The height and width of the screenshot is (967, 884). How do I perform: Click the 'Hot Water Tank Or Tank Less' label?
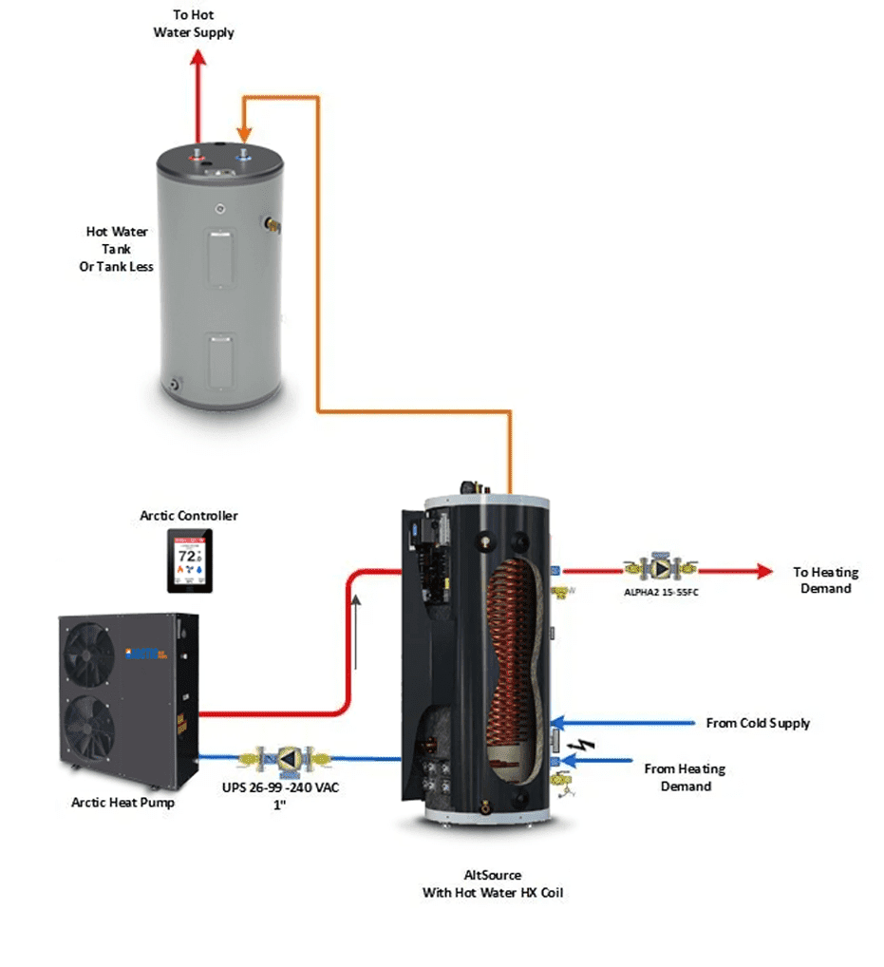click(x=116, y=249)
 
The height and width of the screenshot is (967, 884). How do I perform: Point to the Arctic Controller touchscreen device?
click(x=190, y=561)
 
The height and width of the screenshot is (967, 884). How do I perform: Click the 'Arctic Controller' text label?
click(x=189, y=516)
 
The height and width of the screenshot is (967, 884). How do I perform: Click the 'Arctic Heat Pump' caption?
click(x=123, y=803)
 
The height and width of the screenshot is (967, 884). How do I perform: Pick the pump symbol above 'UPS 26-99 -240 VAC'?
click(x=289, y=758)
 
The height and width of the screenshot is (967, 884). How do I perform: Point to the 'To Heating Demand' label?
click(x=825, y=580)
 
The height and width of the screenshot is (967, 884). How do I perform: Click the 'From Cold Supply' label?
click(x=758, y=723)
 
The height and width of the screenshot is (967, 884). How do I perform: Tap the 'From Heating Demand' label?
click(x=684, y=777)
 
